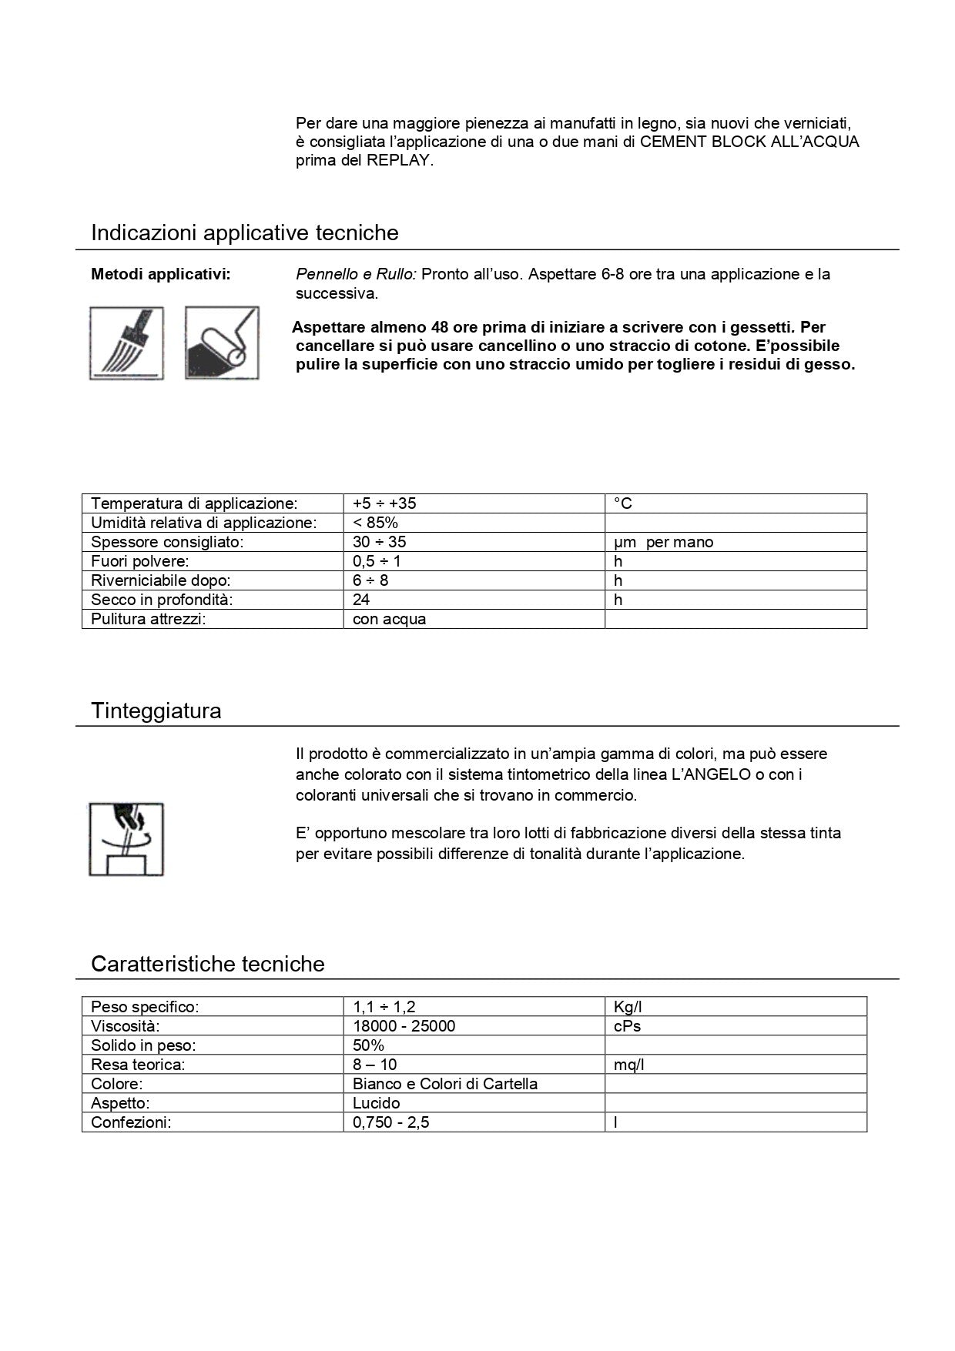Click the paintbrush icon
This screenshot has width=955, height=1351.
(126, 343)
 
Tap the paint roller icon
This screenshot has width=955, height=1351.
(222, 343)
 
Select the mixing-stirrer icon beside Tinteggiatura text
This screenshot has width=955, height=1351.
(126, 839)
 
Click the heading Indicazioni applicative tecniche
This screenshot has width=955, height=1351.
(244, 232)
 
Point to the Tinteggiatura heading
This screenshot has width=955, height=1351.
(156, 711)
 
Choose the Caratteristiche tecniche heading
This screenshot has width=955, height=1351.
(207, 964)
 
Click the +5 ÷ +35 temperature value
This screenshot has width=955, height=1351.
(384, 503)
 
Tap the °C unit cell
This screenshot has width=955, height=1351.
(623, 503)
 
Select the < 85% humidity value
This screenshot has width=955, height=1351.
(375, 523)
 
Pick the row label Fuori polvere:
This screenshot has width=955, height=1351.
(139, 561)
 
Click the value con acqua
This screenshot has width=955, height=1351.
(389, 619)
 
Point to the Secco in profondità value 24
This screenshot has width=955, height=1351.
(361, 600)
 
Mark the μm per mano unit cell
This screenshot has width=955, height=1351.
(663, 542)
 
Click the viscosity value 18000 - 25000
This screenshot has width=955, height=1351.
(404, 1026)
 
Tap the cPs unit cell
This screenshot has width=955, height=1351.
(627, 1026)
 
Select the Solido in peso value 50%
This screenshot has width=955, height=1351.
(368, 1045)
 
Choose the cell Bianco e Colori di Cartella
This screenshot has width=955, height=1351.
(444, 1084)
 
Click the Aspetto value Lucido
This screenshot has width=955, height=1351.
(376, 1103)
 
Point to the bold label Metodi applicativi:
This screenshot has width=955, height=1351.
(160, 274)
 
